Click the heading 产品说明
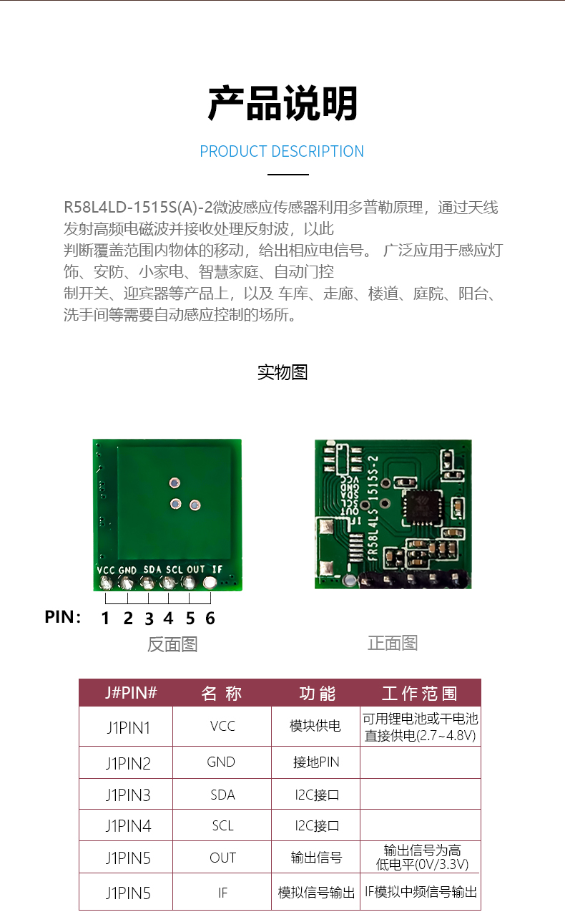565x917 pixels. [282, 105]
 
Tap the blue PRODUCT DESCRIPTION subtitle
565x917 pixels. [282, 152]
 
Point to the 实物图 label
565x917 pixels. [282, 372]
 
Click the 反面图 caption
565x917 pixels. [172, 644]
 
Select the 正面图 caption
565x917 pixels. [392, 643]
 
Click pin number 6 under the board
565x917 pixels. [210, 618]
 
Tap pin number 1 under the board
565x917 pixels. [105, 618]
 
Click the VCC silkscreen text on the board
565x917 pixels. [106, 570]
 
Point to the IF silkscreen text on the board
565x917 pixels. [217, 569]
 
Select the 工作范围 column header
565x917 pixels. [419, 693]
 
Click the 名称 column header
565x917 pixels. [222, 693]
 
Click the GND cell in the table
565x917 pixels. [221, 762]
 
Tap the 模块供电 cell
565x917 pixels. [315, 726]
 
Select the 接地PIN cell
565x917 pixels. [315, 762]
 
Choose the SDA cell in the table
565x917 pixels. [222, 795]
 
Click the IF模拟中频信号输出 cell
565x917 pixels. [421, 892]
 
